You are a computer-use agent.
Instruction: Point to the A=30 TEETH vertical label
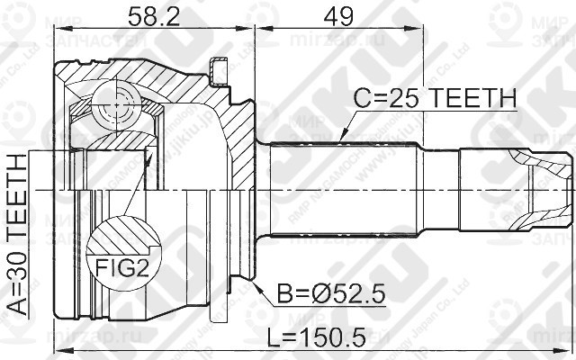(x=19, y=232)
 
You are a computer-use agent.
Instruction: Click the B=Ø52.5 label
(x=306, y=293)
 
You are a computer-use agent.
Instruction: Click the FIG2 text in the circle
(x=120, y=268)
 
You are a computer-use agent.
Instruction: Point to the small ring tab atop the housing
(x=215, y=67)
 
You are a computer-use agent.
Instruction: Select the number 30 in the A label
(x=19, y=256)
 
